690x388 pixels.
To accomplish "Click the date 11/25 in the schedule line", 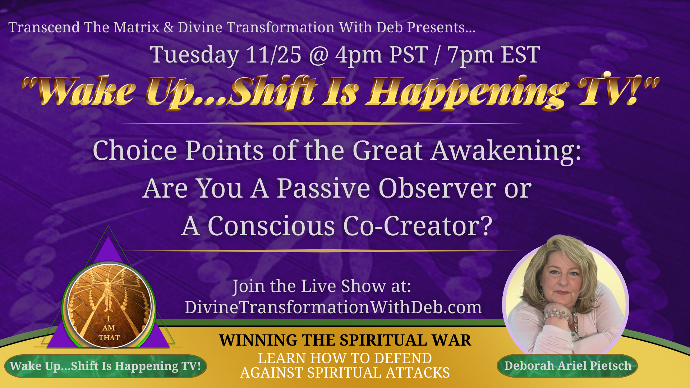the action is tap(273, 55).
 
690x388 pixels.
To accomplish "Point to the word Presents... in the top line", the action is tap(441, 28).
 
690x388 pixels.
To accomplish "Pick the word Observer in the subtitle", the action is tap(437, 188).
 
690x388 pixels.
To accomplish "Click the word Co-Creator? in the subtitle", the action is tap(418, 226).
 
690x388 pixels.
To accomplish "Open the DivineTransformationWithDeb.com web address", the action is tap(333, 308).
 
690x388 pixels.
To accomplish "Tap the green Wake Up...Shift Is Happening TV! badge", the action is tap(105, 366).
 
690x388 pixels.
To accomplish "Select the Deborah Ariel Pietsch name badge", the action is tap(567, 366).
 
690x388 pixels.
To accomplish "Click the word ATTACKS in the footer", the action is tap(418, 373).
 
